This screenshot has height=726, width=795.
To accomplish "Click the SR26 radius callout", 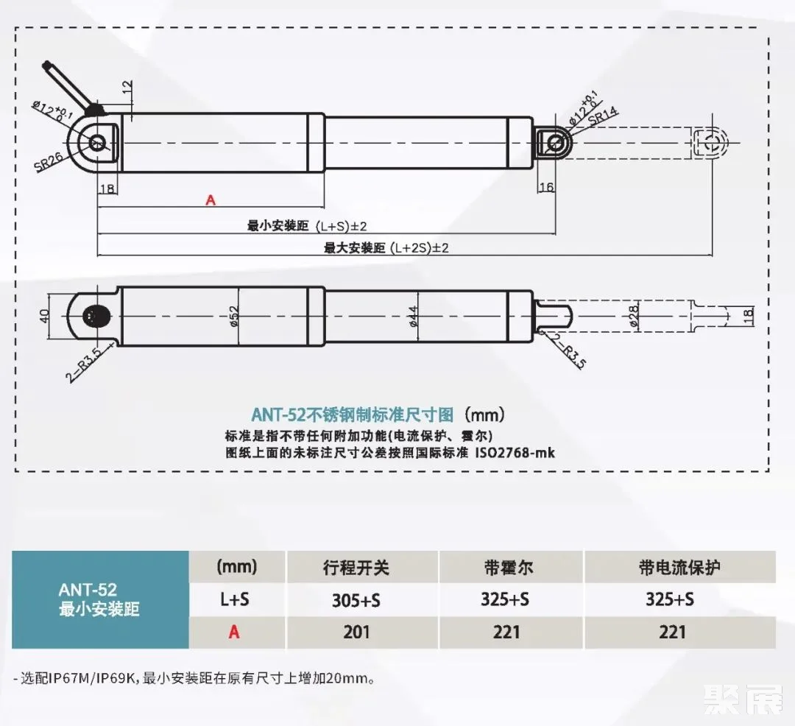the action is tap(49, 162).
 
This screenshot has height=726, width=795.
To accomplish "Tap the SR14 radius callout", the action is tap(603, 116).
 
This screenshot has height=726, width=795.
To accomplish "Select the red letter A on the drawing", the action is tap(211, 200).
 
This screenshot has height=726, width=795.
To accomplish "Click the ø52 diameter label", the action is tap(234, 316).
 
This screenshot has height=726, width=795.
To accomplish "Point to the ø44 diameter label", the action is tap(413, 316).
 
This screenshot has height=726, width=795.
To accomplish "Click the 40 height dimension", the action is tap(45, 316).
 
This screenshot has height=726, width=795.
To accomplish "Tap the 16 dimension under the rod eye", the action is tap(546, 187).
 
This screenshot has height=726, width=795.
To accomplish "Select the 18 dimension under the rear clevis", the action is tap(107, 188).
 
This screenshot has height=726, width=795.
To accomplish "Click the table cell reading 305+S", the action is tap(356, 600).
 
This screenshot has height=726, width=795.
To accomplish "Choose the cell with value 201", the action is tap(356, 632).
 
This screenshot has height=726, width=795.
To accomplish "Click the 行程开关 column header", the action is tap(356, 567).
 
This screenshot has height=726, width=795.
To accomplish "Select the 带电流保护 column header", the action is tap(679, 567).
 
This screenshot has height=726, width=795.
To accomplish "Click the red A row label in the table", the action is tap(234, 632).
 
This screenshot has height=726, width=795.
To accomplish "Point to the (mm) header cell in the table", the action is tap(236, 566).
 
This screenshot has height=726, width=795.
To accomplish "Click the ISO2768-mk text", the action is tap(515, 452).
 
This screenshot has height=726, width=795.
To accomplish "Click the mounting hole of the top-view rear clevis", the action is tap(97, 142).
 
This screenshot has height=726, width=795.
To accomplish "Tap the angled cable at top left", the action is tap(70, 86).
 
